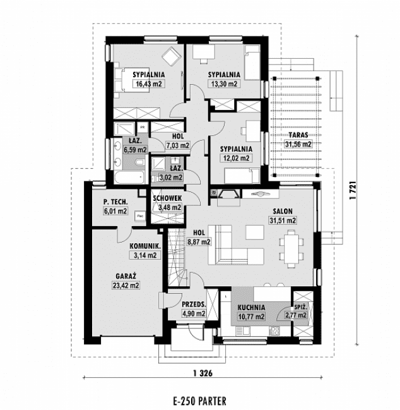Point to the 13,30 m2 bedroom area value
click(x=223, y=83)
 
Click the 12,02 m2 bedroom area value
click(x=235, y=158)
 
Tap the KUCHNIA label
click(x=252, y=308)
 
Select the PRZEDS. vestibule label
click(x=194, y=304)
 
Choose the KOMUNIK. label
click(x=144, y=246)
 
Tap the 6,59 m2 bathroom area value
click(x=135, y=150)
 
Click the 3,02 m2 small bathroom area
click(x=170, y=178)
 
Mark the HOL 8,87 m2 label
click(x=198, y=237)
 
